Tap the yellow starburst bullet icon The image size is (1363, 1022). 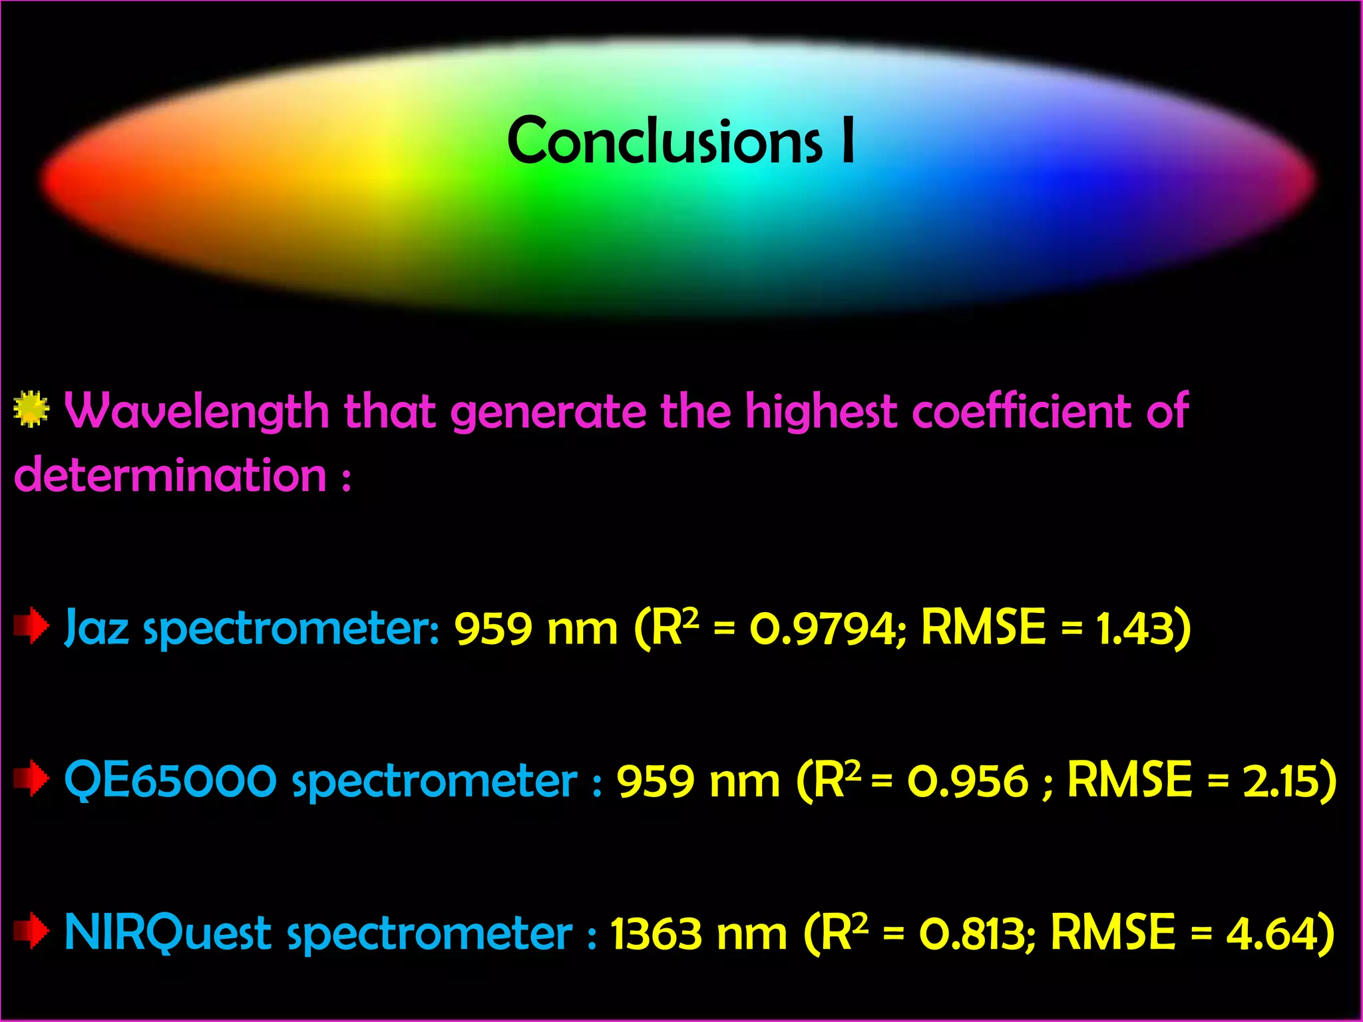pyautogui.click(x=31, y=409)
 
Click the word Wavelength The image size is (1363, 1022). pyautogui.click(x=197, y=411)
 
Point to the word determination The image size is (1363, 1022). pyautogui.click(x=170, y=475)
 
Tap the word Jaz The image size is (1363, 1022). pyautogui.click(x=97, y=627)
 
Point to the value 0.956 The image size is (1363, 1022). pyautogui.click(x=968, y=780)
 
